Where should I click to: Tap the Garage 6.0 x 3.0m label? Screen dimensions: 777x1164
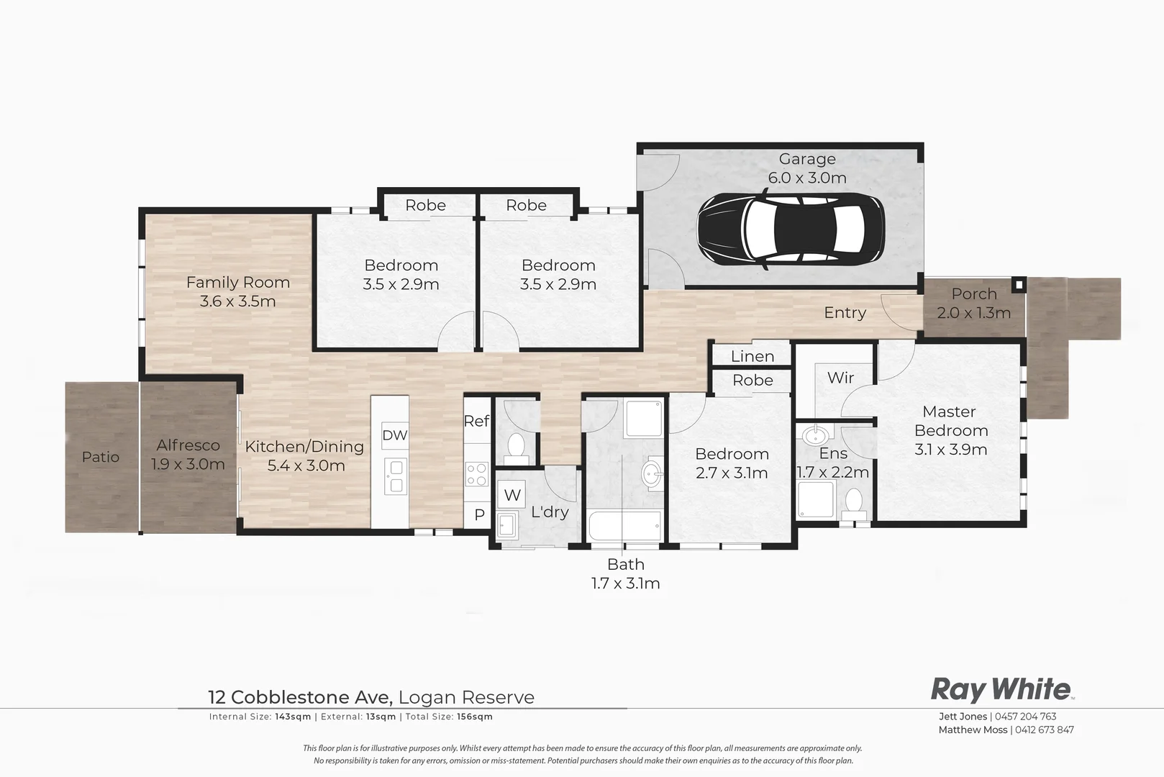point(807,168)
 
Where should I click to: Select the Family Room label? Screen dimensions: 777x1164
point(237,291)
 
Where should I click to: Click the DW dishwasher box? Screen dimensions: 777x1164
point(394,435)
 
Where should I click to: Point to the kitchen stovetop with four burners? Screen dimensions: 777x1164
point(476,474)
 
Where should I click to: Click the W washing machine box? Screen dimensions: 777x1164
point(512,495)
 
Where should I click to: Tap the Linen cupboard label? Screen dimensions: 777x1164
point(752,356)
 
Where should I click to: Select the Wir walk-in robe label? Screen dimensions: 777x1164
point(840,378)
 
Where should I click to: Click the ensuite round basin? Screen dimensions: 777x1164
point(816,435)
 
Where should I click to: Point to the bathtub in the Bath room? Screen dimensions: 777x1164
point(624,527)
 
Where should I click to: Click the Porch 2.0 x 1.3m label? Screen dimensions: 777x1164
point(974,303)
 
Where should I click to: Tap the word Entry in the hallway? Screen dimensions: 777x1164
point(845,312)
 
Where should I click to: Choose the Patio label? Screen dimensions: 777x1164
point(101,457)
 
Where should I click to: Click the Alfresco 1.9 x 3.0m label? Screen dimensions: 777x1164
point(188,455)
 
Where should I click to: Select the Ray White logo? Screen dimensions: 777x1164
point(1001,689)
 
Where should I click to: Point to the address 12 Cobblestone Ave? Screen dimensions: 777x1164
point(299,697)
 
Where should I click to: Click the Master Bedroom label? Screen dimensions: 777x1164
point(950,430)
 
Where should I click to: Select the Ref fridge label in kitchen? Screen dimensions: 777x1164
point(476,421)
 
